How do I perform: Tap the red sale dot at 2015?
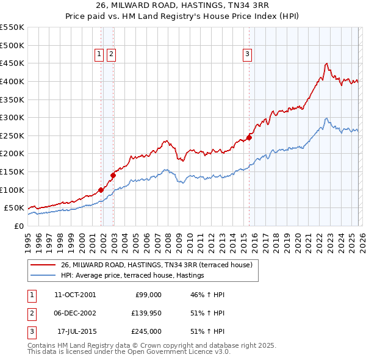(249, 137)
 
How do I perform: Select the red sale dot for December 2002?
(113, 175)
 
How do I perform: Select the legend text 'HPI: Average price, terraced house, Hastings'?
(132, 276)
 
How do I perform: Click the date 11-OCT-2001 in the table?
(75, 295)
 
